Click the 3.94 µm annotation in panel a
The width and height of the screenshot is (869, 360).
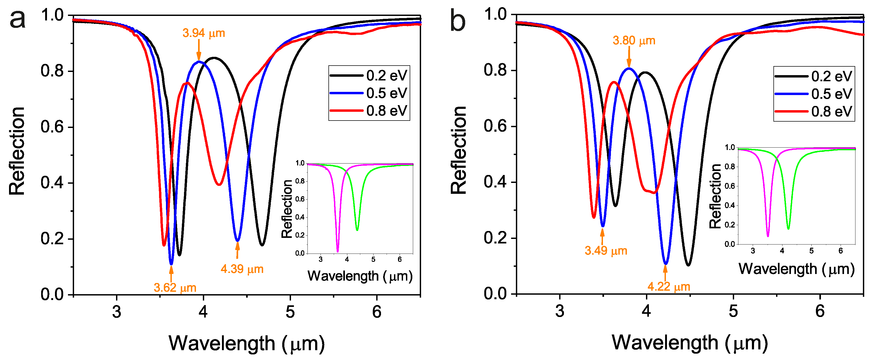203,33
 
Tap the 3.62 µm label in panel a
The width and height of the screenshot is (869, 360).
175,288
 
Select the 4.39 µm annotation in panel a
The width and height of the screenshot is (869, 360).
242,269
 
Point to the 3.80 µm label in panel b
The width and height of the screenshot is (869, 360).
633,41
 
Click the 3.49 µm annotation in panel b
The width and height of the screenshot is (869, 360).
606,251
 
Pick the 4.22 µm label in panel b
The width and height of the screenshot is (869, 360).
669,286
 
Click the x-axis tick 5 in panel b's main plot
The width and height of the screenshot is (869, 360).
733,311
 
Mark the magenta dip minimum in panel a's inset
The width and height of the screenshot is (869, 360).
338,251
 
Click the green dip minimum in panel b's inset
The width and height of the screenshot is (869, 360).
788,229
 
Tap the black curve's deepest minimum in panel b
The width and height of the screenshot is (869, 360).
688,265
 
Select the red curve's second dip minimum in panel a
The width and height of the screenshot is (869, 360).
219,185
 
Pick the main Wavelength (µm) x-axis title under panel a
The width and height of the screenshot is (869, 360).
247,344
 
